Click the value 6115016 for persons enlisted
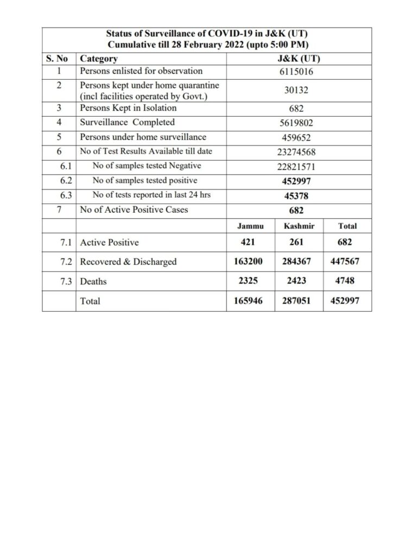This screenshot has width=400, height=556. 296,71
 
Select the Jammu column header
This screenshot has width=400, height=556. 245,226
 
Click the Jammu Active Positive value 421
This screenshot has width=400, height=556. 245,242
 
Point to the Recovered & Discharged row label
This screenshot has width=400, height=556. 128,262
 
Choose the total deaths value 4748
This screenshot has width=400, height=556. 348,281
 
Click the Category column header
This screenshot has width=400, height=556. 99,59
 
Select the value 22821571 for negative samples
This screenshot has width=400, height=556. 296,166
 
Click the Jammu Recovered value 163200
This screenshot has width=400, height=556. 245,262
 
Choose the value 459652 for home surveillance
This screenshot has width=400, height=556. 296,137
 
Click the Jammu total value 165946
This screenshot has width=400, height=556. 245,300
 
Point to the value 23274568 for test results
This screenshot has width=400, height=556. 296,152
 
